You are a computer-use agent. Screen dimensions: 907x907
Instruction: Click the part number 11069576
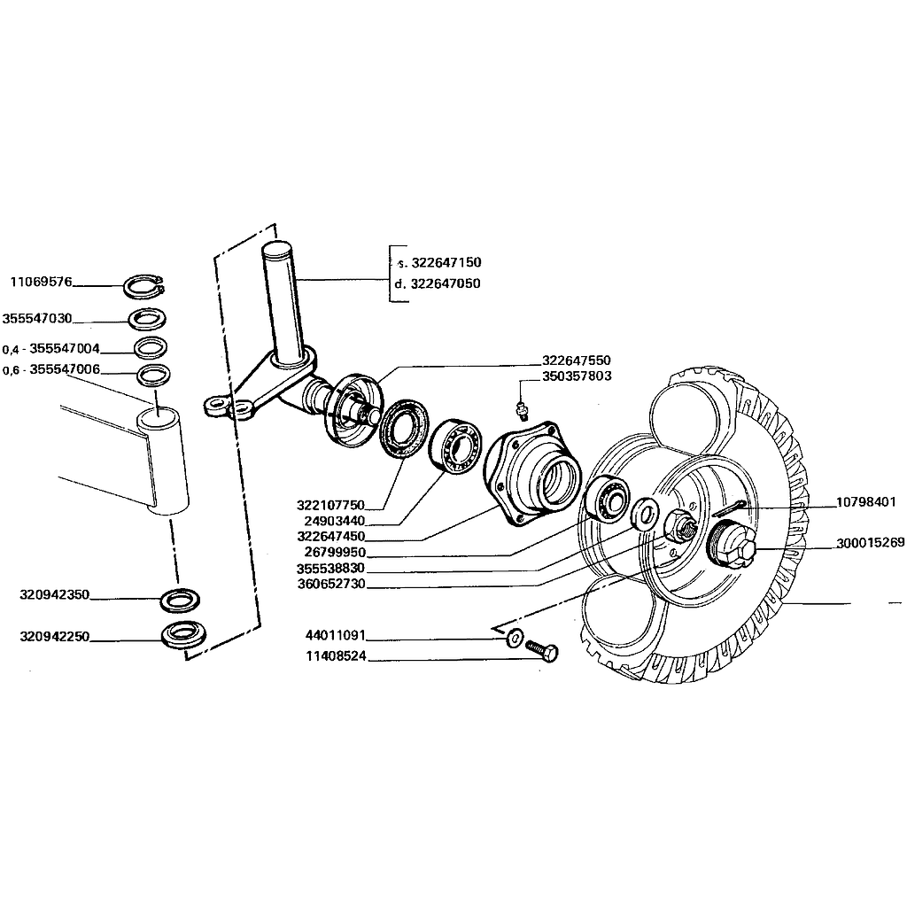(x=42, y=283)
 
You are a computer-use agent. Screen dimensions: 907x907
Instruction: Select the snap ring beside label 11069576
(x=143, y=287)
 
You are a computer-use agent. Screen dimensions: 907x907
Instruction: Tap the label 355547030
(x=38, y=318)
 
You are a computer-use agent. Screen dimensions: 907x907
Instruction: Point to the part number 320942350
(x=54, y=595)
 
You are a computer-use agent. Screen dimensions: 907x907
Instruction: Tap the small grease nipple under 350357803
(x=522, y=407)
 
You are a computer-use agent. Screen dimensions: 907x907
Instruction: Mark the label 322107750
(x=331, y=505)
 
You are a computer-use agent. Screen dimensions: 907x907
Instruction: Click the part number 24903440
(x=334, y=521)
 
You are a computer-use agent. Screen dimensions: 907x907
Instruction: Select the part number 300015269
(x=871, y=543)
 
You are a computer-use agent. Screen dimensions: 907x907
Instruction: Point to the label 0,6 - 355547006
(x=51, y=369)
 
